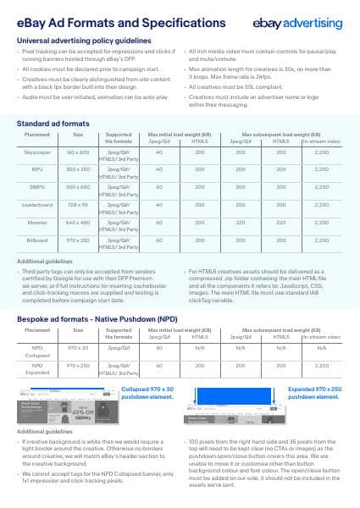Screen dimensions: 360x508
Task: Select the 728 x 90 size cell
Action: [x=78, y=205]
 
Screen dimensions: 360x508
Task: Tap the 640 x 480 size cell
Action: [x=78, y=223]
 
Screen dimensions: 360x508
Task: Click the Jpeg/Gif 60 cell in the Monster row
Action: [x=158, y=223]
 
